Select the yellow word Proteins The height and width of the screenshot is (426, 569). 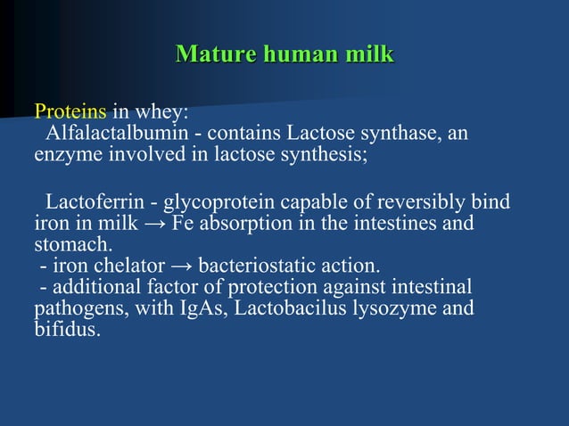[70, 113]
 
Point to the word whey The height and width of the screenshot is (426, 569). [161, 113]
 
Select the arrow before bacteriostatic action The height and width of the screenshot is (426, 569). [181, 266]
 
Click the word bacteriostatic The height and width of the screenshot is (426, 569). [259, 266]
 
